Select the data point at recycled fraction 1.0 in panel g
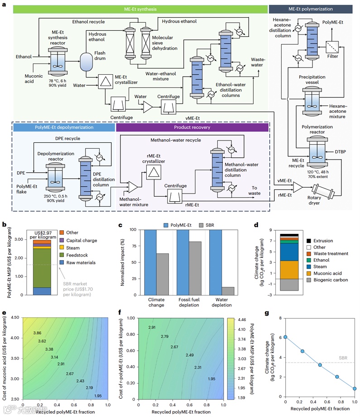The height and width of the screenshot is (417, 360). pyautogui.click(x=355, y=388)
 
